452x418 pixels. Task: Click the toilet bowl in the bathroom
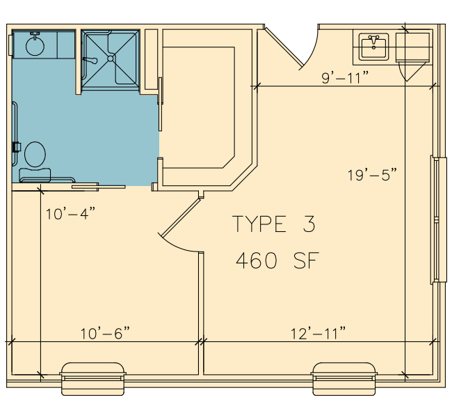click(x=35, y=154)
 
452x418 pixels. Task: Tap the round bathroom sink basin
click(x=35, y=46)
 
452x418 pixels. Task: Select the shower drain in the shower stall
click(x=111, y=59)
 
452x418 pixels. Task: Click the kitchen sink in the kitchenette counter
click(x=373, y=47)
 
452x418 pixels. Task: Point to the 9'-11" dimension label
click(x=345, y=77)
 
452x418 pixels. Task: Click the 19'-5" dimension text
click(x=372, y=175)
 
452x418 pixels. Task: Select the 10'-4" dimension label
click(x=70, y=214)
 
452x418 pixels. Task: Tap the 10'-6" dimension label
click(x=105, y=334)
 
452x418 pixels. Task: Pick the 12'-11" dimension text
click(x=318, y=334)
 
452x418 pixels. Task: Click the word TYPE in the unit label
click(x=259, y=224)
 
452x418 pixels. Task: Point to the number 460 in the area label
click(x=257, y=261)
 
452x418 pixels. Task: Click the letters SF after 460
click(x=307, y=261)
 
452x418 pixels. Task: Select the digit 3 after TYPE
click(x=309, y=224)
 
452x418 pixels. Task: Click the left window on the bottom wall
click(x=92, y=378)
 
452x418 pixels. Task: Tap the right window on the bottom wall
click(x=344, y=378)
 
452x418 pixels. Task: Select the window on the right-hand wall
click(x=438, y=220)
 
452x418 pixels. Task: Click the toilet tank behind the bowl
click(x=35, y=174)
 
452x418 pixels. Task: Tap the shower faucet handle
click(x=90, y=61)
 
